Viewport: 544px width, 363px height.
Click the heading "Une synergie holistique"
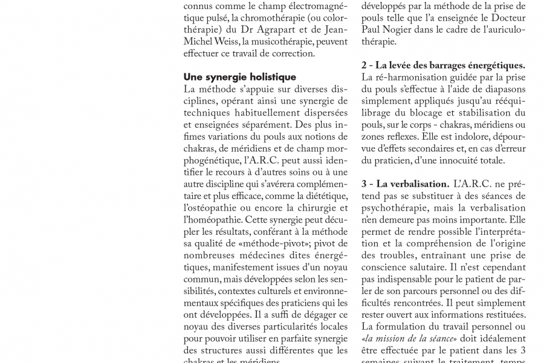coord(240,77)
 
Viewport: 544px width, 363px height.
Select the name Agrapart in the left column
coord(276,30)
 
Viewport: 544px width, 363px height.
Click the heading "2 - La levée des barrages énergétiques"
coord(443,65)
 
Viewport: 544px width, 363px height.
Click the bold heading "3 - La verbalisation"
coord(405,184)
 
